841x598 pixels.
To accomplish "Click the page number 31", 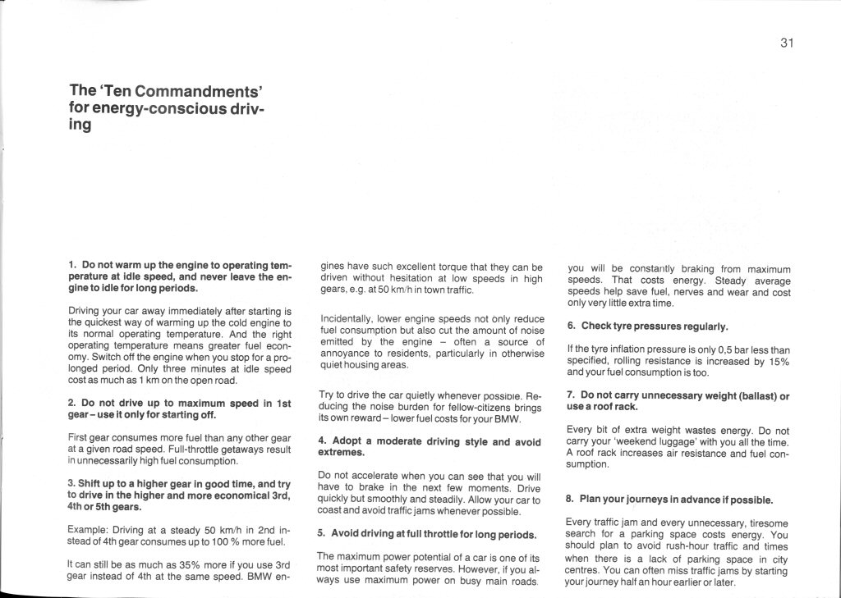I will click(x=786, y=43).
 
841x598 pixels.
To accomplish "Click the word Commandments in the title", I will click(x=197, y=91).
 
